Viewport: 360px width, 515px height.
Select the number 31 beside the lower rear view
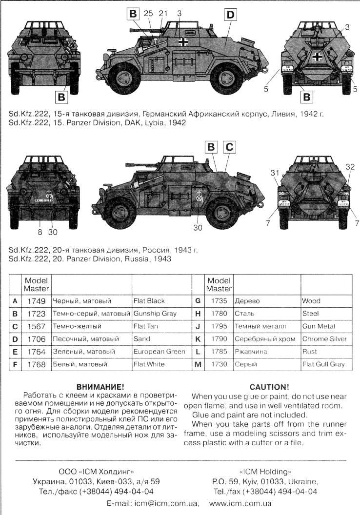coord(275,173)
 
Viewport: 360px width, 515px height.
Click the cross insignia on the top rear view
coord(317,57)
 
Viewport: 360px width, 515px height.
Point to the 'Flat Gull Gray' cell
coord(324,364)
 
